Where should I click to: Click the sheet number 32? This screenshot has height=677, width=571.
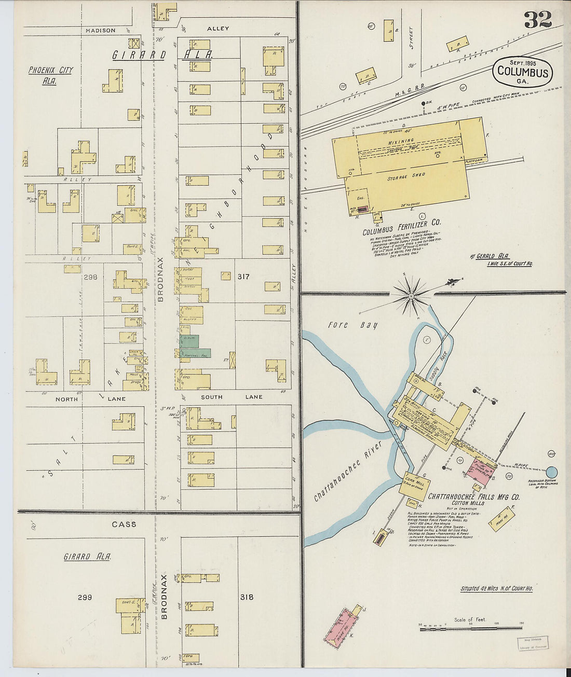[x=537, y=19]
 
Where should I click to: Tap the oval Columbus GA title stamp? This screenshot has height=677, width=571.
[x=522, y=72]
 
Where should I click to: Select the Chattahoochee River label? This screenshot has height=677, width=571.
[x=347, y=472]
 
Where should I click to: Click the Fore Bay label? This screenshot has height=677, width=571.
[x=352, y=325]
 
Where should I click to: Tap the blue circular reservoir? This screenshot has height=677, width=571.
[x=552, y=472]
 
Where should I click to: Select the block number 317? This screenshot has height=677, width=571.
[x=243, y=277]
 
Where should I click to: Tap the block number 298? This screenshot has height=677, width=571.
[x=90, y=278]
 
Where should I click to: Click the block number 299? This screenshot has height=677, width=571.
[x=85, y=597]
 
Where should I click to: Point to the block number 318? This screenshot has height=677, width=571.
[x=247, y=597]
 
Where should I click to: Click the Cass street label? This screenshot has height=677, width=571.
[x=124, y=524]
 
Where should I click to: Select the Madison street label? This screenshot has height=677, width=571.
[x=101, y=31]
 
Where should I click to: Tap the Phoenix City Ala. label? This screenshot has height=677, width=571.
[x=50, y=75]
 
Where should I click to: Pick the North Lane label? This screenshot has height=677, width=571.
[x=90, y=399]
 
